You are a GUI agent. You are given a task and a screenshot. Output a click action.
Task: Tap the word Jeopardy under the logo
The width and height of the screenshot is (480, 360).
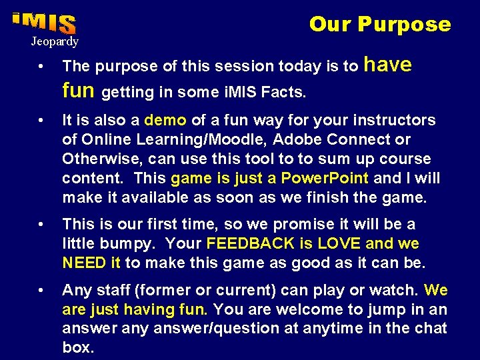pyautogui.click(x=54, y=42)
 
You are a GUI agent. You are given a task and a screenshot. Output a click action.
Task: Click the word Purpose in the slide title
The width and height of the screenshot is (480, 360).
pyautogui.click(x=404, y=25)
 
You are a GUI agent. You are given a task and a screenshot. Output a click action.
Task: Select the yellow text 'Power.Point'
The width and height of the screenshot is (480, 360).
pyautogui.click(x=325, y=179)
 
